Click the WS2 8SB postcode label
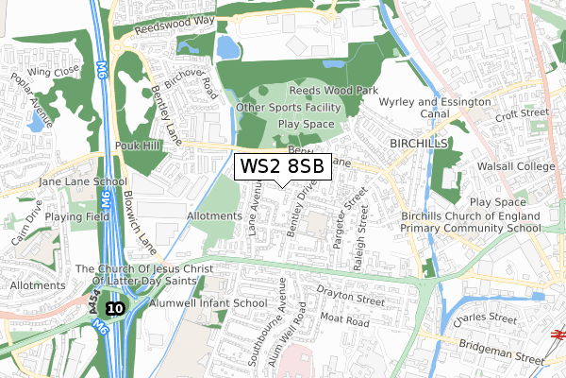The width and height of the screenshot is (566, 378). click(x=282, y=167)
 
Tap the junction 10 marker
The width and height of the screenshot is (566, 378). click(x=114, y=308)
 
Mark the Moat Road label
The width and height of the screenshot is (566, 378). click(x=343, y=321)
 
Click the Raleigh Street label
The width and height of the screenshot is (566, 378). click(x=358, y=241)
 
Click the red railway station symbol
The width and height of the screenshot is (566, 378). click(x=558, y=333)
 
